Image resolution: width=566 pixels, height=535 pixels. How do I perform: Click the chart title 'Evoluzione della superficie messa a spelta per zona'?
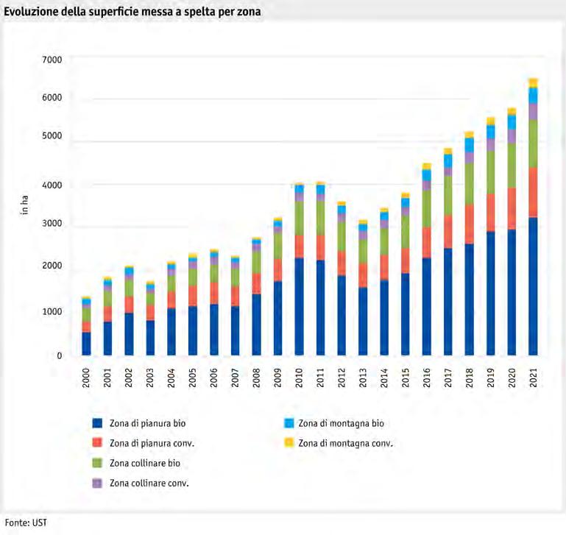tap(132, 13)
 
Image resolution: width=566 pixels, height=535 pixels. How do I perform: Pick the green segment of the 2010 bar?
tap(299, 218)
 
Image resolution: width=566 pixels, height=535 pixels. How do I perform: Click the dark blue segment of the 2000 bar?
tap(86, 344)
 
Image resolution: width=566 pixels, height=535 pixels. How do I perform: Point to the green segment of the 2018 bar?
tap(469, 183)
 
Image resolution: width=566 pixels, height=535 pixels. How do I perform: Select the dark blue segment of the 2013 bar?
tap(362, 321)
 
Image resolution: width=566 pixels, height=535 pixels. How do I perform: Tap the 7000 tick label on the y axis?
tap(52, 58)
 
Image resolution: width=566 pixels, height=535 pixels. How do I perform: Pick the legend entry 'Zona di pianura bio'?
tap(144, 423)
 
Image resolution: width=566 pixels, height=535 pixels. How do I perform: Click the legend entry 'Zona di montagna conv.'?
tap(346, 443)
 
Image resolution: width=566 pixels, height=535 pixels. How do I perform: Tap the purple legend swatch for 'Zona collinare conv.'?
tap(96, 483)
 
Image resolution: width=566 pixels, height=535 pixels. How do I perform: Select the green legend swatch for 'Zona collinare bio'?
tap(96, 463)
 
